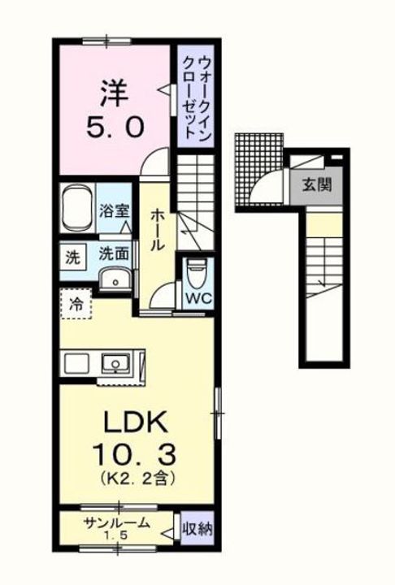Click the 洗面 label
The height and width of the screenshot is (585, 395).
(114, 253)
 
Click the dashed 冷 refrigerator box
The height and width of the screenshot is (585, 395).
(75, 306)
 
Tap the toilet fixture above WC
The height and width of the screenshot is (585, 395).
(196, 272)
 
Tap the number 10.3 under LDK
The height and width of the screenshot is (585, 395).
(135, 451)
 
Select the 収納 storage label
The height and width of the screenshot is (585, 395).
(197, 530)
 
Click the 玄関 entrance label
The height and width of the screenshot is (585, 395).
(317, 184)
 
